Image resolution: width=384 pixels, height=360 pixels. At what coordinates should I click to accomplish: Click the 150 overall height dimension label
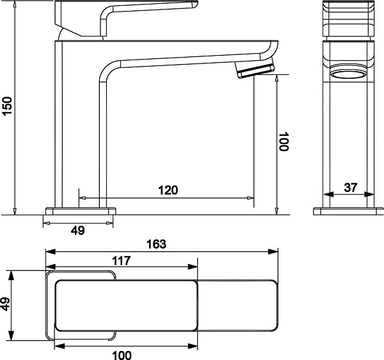click(x=7, y=106)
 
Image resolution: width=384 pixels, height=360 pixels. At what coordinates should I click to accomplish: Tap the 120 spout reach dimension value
click(x=168, y=190)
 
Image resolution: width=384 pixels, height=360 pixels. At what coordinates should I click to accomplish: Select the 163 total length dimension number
click(x=156, y=244)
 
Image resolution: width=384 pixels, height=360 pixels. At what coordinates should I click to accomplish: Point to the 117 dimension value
click(x=122, y=261)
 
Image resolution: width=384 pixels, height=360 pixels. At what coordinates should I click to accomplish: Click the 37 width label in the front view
click(x=351, y=188)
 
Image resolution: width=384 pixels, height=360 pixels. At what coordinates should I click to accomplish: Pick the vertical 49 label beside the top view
click(x=5, y=304)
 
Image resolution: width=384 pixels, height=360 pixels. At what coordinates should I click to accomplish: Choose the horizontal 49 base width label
click(x=78, y=231)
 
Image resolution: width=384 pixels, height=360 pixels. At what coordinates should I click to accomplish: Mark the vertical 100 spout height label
click(x=284, y=142)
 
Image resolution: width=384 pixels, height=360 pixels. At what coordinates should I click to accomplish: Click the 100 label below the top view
click(x=122, y=356)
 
